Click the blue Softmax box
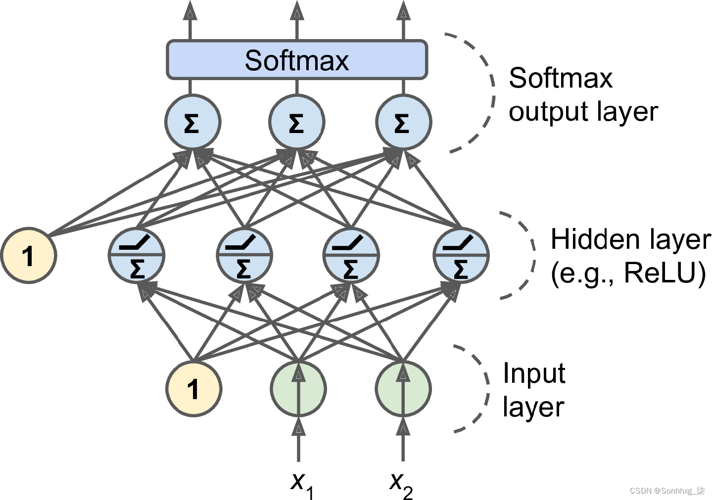pyautogui.click(x=297, y=59)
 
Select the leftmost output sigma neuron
pyautogui.click(x=192, y=122)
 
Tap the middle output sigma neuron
pyautogui.click(x=297, y=122)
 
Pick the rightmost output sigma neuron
pyautogui.click(x=403, y=122)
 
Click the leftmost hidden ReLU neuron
pyautogui.click(x=137, y=255)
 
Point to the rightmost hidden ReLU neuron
pyautogui.click(x=461, y=255)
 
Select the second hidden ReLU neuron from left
pyautogui.click(x=244, y=255)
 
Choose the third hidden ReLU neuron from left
pyautogui.click(x=351, y=255)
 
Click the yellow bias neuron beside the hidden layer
pyautogui.click(x=29, y=255)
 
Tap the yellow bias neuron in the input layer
pyautogui.click(x=193, y=389)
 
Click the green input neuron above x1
pyautogui.click(x=298, y=389)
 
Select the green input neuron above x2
pyautogui.click(x=403, y=389)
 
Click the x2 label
pyautogui.click(x=401, y=486)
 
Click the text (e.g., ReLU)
pyautogui.click(x=628, y=273)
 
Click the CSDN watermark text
pyautogui.click(x=667, y=491)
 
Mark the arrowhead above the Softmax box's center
pyautogui.click(x=297, y=9)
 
